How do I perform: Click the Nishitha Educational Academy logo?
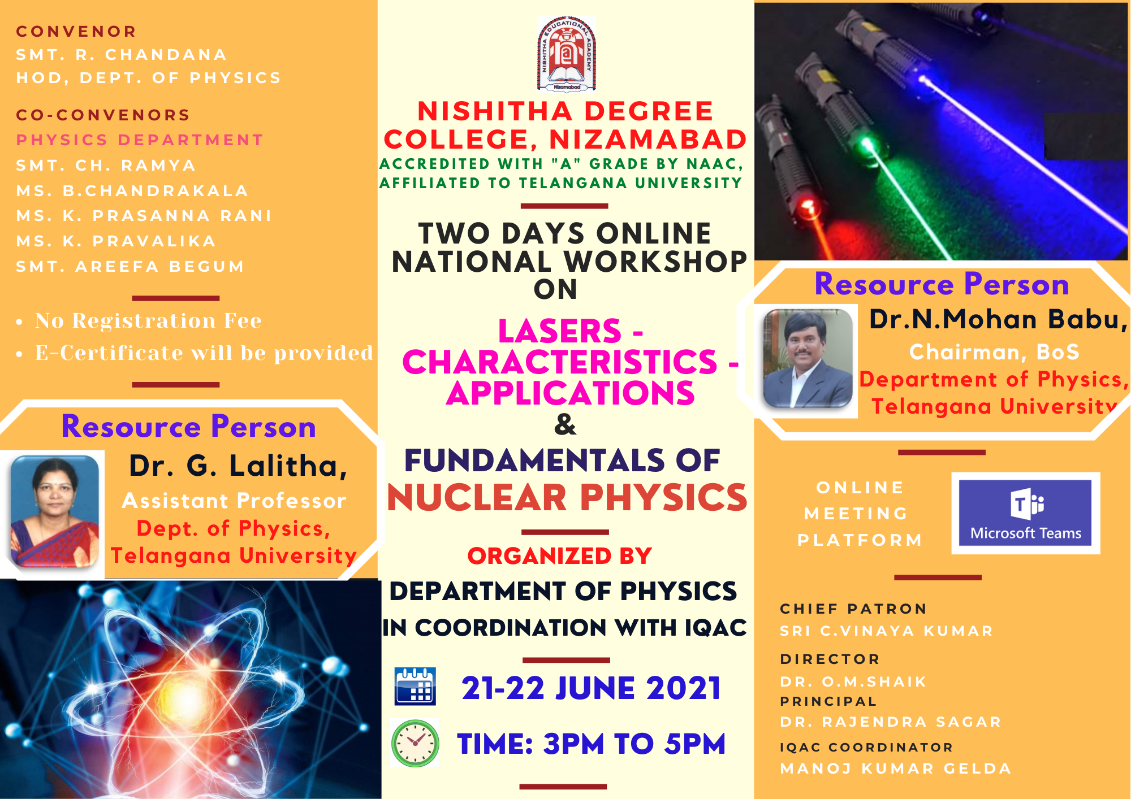[566, 54]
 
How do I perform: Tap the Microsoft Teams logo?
[1025, 513]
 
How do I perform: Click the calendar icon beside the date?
[415, 686]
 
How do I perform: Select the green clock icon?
[415, 743]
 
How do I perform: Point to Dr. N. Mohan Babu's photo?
[808, 358]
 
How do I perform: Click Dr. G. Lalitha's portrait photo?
[55, 511]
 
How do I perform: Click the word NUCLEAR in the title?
[477, 498]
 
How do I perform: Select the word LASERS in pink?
[559, 331]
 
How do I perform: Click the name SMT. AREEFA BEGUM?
[130, 266]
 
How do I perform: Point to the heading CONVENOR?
[76, 31]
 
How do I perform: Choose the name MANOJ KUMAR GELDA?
[896, 768]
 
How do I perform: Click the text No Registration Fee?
[148, 320]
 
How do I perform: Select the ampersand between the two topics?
[565, 424]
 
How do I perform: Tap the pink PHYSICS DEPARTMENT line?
[140, 140]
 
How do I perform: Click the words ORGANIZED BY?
[560, 556]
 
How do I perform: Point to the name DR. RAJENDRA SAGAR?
[891, 722]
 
